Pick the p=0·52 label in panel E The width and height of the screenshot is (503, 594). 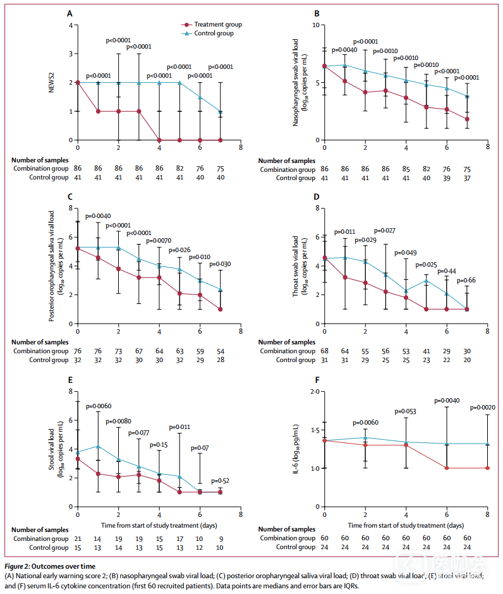point(219,481)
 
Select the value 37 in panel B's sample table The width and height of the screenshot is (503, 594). point(467,178)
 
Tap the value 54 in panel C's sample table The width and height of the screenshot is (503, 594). point(221,351)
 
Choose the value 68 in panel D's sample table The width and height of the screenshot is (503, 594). point(324,351)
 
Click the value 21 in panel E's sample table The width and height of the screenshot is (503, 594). point(78,538)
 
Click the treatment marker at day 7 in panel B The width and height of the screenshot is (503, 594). point(467,119)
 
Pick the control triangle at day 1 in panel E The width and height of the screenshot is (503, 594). point(98,446)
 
